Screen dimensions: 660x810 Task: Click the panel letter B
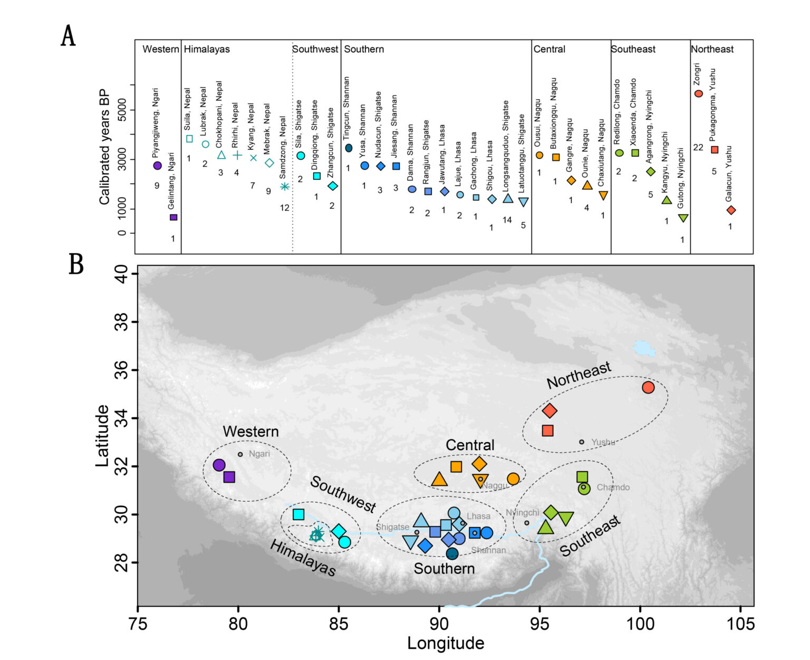[76, 264]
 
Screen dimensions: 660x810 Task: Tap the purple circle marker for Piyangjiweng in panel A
[157, 166]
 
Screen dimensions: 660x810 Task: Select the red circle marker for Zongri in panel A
[699, 93]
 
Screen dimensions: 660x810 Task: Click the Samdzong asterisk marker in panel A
[285, 186]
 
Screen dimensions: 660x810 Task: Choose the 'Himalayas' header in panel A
[207, 49]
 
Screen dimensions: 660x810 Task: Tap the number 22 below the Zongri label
[698, 147]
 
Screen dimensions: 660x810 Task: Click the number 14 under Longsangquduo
[507, 220]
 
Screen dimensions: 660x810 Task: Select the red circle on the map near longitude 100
[648, 387]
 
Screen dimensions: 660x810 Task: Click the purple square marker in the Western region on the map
[229, 477]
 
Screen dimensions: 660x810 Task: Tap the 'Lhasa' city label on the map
[478, 516]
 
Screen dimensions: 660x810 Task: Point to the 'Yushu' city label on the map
[603, 442]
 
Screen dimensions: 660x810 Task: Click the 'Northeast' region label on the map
[578, 376]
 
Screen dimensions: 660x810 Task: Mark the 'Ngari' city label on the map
[259, 454]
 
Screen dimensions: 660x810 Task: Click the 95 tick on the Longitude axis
[539, 624]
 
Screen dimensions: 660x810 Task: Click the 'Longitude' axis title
[446, 643]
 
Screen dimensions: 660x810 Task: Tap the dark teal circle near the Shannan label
[452, 553]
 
